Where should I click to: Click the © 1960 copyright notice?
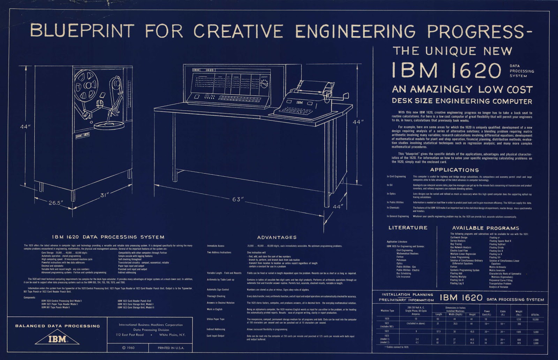click(x=128, y=348)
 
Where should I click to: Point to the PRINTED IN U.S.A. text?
click(x=171, y=348)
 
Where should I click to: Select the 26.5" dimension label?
click(x=55, y=203)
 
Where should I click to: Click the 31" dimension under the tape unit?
click(x=105, y=195)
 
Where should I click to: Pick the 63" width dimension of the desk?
click(x=237, y=199)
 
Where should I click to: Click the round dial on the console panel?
click(x=265, y=84)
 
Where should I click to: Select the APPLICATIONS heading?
click(x=454, y=170)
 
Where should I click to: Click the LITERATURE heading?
click(x=408, y=228)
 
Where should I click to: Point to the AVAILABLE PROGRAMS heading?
click(x=485, y=228)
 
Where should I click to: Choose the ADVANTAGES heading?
click(x=277, y=237)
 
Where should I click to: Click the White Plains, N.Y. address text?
click(x=172, y=335)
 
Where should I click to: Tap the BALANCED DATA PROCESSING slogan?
click(x=58, y=326)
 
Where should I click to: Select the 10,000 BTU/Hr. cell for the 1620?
click(x=536, y=319)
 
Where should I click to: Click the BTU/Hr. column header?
click(x=535, y=315)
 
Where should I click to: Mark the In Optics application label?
click(x=391, y=194)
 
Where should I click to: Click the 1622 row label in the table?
click(x=387, y=331)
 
